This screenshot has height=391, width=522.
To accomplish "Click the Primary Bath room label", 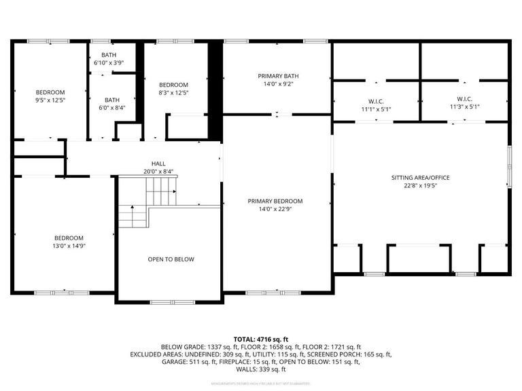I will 278,76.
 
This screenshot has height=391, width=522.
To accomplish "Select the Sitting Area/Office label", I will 420,178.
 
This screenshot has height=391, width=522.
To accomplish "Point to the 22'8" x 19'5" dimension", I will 420,185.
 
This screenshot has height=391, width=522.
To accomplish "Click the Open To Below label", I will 171,259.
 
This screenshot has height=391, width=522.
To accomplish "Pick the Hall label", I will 158,164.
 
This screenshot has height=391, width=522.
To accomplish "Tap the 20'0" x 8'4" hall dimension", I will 158,171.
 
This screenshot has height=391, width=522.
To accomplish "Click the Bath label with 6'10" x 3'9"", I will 109,55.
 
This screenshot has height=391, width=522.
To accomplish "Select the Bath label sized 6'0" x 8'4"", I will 111,99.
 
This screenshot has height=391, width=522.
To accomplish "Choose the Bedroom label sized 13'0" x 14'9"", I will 69,238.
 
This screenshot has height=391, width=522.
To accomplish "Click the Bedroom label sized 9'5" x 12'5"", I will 50,92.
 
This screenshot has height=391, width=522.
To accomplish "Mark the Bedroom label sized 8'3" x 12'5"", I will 173,84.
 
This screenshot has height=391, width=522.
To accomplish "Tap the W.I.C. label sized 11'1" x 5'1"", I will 376,100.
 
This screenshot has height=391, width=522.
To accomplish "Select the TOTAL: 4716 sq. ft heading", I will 260,338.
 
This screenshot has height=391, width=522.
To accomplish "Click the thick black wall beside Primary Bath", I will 215,88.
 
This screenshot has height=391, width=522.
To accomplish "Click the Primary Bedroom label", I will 275,202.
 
